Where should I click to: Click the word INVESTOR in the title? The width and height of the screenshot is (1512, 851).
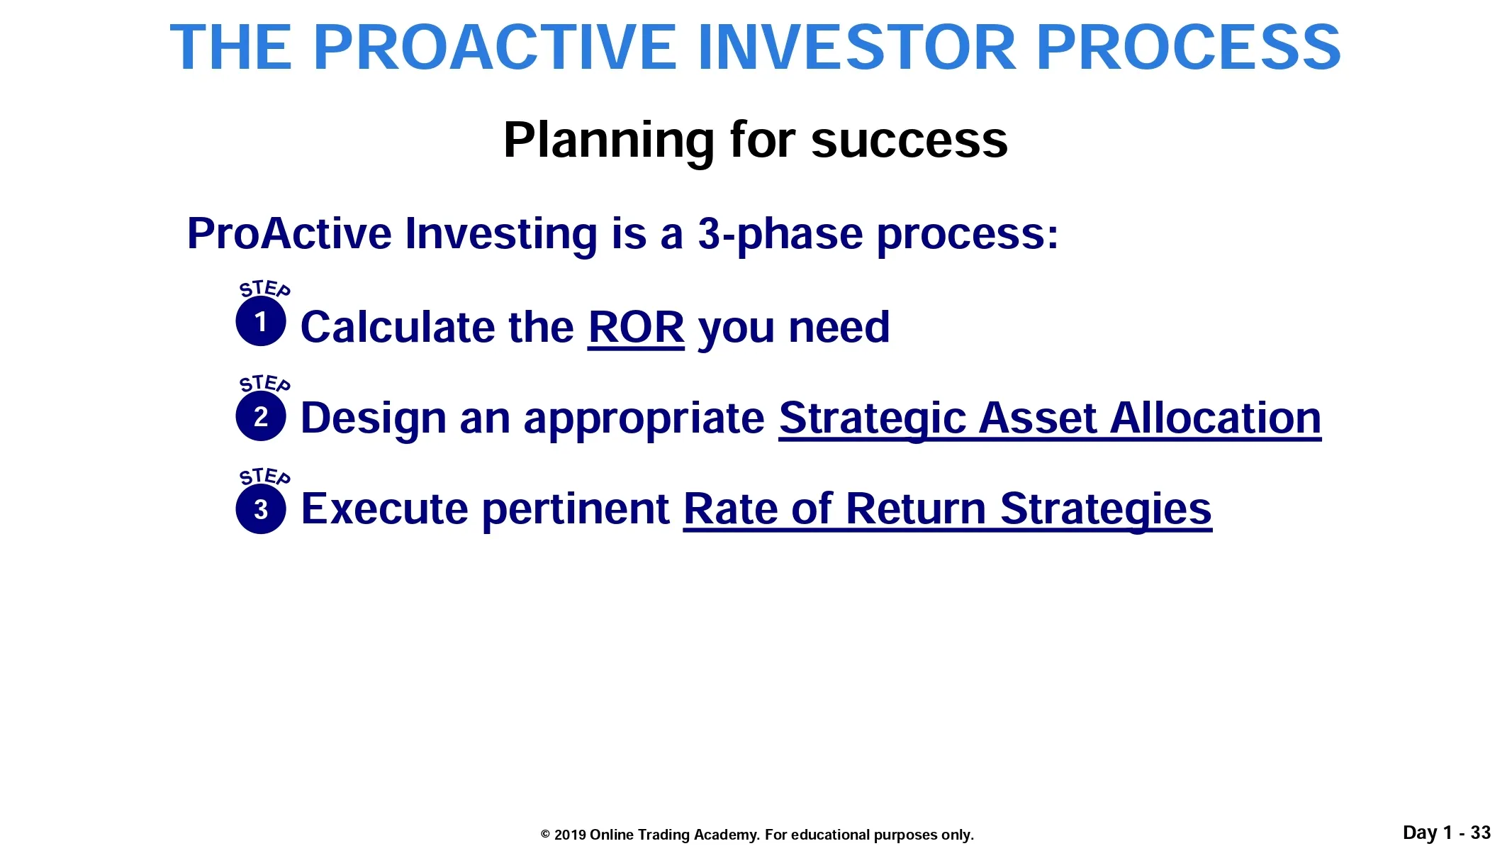pos(858,48)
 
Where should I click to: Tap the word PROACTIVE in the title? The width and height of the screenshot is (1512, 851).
pos(495,48)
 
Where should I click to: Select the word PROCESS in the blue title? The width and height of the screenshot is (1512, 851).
pos(1189,48)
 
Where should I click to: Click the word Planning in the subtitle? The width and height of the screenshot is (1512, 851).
pos(609,141)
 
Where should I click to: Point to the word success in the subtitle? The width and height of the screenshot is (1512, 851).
pos(909,141)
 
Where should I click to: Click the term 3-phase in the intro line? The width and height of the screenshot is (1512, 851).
pos(780,235)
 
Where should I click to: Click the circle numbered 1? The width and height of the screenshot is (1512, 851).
pos(261,321)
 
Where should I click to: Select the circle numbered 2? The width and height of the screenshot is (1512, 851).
pos(261,416)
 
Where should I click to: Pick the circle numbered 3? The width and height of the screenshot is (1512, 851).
pos(261,509)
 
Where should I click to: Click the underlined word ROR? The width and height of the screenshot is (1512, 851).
pos(636,328)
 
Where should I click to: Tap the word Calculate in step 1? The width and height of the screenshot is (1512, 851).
pos(398,327)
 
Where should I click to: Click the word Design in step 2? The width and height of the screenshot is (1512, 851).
pos(374,419)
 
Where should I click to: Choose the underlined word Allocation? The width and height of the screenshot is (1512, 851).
pos(1216,418)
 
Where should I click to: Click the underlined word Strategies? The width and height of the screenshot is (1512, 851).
pos(1106,510)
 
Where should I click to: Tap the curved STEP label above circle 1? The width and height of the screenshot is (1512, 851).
pos(264,289)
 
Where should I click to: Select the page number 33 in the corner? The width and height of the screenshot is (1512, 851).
pos(1480,833)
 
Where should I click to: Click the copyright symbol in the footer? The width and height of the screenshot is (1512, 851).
pos(545,835)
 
